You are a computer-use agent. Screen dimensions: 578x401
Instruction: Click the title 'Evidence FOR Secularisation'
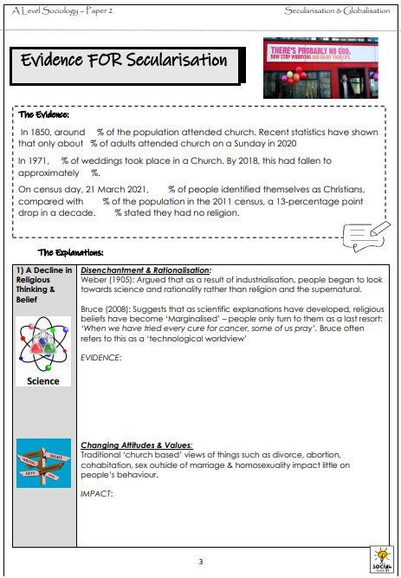pos(124,60)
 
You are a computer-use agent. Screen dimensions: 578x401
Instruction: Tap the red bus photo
pos(320,72)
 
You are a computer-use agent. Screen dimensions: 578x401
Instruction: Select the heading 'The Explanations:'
pos(71,252)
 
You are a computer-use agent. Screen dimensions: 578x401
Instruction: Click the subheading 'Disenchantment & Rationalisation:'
pos(145,270)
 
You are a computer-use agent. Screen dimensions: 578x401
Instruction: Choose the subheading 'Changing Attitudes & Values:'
pos(136,445)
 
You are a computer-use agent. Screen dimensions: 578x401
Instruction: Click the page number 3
pos(201,561)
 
